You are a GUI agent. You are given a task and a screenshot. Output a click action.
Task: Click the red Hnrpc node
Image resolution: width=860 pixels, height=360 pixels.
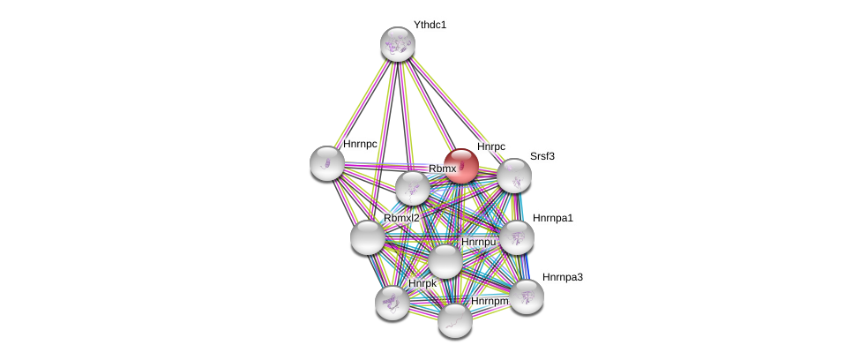460,166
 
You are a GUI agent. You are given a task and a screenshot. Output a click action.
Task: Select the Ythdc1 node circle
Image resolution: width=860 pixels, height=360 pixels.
398,43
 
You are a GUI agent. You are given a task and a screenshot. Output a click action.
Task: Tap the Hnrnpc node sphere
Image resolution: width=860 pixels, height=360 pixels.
327,162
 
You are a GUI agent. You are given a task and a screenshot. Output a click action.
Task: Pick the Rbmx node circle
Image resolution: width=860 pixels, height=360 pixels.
412,187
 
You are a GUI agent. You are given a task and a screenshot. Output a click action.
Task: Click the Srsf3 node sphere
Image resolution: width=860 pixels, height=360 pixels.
513,176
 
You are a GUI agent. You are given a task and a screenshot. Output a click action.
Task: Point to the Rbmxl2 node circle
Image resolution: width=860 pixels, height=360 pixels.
367,236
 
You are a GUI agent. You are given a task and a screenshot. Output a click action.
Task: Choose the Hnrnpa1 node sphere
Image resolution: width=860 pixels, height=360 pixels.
516,236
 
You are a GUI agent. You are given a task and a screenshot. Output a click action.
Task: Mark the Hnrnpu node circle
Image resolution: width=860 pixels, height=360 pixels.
445,260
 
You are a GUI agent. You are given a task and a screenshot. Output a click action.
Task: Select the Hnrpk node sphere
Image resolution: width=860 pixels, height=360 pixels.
392,303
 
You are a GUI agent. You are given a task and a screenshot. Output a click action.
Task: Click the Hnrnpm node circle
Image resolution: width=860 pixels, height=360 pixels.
455,319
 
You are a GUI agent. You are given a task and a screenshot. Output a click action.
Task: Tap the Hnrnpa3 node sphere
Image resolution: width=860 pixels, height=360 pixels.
527,296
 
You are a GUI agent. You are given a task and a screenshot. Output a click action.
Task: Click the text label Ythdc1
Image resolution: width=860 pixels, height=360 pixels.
430,25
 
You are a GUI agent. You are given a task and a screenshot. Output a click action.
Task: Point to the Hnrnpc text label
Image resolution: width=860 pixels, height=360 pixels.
360,144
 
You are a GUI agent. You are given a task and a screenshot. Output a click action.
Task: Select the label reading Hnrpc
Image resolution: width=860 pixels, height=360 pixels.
491,146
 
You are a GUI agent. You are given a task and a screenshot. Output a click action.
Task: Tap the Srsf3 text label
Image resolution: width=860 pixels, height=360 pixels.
542,156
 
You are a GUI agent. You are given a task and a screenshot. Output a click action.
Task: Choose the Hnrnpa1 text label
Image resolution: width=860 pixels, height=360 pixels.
552,217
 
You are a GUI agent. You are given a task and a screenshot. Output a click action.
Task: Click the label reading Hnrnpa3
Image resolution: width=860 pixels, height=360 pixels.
562,277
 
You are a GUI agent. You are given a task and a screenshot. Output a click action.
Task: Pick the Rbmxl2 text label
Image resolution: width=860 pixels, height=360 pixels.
401,218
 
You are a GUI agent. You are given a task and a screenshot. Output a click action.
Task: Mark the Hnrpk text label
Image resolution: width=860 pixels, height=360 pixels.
423,283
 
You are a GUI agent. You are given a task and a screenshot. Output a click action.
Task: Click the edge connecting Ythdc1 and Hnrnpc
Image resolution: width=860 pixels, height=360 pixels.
363,102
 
